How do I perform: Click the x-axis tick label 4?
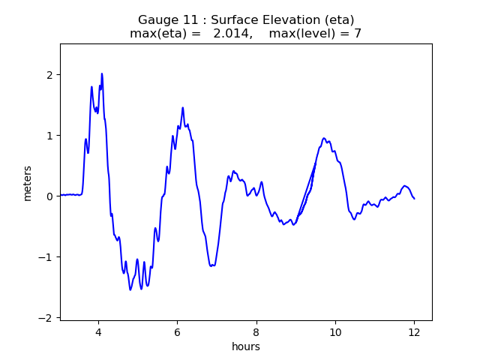click(98, 332)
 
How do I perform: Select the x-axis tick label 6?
click(177, 332)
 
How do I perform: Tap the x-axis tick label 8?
click(256, 332)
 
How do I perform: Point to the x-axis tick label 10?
click(335, 332)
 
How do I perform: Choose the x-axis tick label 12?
click(414, 332)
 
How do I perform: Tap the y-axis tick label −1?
click(46, 257)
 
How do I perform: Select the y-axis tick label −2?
click(46, 318)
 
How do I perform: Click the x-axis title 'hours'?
click(246, 346)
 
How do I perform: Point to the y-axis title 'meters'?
click(28, 183)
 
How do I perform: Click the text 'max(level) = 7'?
click(316, 34)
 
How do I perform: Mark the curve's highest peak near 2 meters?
click(102, 73)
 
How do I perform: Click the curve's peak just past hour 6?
click(182, 108)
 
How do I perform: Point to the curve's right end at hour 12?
click(414, 198)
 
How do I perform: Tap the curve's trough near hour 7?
click(212, 265)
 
